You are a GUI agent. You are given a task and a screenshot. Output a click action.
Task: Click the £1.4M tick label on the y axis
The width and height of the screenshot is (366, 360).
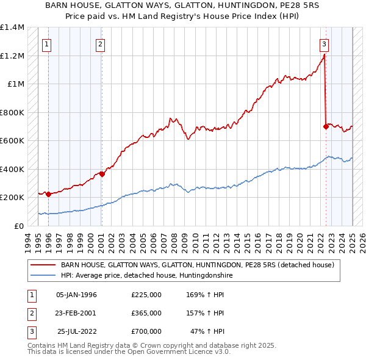click(x=12, y=28)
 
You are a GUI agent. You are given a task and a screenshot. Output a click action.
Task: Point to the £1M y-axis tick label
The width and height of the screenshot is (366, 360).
click(x=16, y=84)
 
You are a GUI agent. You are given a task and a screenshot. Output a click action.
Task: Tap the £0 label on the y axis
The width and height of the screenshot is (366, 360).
click(x=20, y=226)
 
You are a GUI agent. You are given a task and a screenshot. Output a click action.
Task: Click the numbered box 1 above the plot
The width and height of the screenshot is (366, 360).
click(x=47, y=43)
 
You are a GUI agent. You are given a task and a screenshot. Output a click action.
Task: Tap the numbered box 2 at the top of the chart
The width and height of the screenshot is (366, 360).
click(x=100, y=43)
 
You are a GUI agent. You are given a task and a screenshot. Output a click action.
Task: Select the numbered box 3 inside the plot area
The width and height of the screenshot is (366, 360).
click(x=324, y=43)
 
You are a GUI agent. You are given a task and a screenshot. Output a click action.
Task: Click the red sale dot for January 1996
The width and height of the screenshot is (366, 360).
click(x=48, y=194)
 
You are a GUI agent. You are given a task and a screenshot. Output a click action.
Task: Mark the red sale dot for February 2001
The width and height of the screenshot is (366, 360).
click(x=102, y=174)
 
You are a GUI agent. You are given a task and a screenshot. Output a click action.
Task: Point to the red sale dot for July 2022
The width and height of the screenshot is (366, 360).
click(x=325, y=126)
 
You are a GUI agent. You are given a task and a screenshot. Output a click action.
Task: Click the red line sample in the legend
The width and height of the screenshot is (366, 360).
click(x=43, y=265)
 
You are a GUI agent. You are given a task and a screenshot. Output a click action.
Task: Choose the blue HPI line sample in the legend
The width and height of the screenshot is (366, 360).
click(x=43, y=276)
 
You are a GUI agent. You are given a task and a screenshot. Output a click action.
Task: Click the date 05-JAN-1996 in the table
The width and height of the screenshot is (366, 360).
click(x=76, y=295)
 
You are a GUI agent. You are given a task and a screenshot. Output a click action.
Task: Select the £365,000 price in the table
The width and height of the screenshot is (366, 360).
click(x=146, y=313)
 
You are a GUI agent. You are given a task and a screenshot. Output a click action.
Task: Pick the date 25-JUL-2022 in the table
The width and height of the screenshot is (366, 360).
click(x=77, y=331)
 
